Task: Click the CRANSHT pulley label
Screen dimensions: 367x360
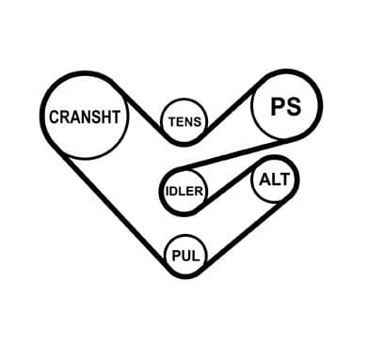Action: pyautogui.click(x=85, y=117)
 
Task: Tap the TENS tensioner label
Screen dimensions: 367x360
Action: pyautogui.click(x=184, y=121)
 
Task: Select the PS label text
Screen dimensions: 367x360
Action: pyautogui.click(x=286, y=106)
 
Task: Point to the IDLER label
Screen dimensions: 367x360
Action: pyautogui.click(x=184, y=191)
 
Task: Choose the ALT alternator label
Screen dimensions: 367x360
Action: pyautogui.click(x=274, y=180)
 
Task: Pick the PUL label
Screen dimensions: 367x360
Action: pyautogui.click(x=185, y=256)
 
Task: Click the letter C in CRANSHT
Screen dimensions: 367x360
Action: pyautogui.click(x=55, y=117)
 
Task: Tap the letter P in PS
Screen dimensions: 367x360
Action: pyautogui.click(x=278, y=107)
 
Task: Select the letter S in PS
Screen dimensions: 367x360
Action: pyautogui.click(x=294, y=106)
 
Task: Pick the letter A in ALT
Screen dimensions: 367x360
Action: pyautogui.click(x=265, y=180)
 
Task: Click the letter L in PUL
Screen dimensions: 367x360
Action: pyautogui.click(x=196, y=256)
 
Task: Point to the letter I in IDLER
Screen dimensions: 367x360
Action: pyautogui.click(x=167, y=191)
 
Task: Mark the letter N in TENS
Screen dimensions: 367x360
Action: pyautogui.click(x=189, y=121)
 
